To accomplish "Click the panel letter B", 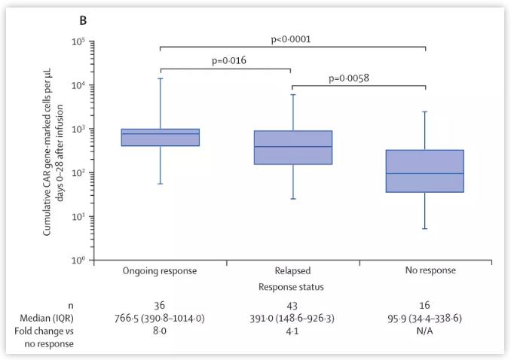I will point(83,20).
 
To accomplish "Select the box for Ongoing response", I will point(160,137).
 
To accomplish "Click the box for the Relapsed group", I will point(293,148).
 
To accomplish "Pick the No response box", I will point(425,171).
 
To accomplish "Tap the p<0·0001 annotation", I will point(291,39).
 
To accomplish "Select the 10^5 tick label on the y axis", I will point(78,41).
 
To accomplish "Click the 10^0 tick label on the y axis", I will point(78,261).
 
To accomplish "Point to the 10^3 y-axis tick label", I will point(78,129).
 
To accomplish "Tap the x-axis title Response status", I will point(292,287).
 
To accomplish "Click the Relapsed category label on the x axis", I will point(293,270).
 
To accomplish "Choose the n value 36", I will point(160,306).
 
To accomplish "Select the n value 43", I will point(293,306).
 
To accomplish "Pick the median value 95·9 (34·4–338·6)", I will point(425,319).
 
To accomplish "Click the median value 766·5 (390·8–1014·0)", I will point(160,319).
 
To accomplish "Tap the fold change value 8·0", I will point(160,331).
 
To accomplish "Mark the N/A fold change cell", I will point(425,331).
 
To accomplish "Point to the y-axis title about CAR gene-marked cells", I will point(53,151).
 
